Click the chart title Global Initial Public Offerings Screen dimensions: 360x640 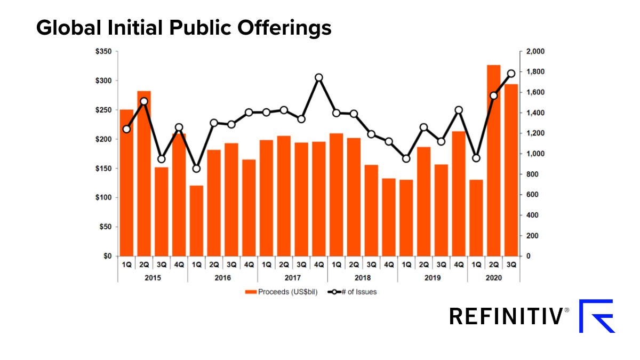[x=183, y=28]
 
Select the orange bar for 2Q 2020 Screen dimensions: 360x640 [x=493, y=160]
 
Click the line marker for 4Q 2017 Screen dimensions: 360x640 [x=319, y=77]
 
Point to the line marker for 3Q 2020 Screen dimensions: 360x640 [x=511, y=74]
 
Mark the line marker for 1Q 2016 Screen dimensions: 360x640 [x=196, y=169]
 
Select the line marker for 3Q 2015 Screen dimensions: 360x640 [x=162, y=159]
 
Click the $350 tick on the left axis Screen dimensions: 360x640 [x=103, y=52]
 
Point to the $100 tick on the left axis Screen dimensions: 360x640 [x=103, y=198]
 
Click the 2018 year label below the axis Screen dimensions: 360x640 [x=362, y=278]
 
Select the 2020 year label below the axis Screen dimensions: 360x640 [x=493, y=278]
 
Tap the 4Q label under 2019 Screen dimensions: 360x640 [x=459, y=264]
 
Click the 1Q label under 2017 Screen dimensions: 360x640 [x=266, y=264]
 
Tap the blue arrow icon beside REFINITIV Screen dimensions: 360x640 [x=597, y=316]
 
